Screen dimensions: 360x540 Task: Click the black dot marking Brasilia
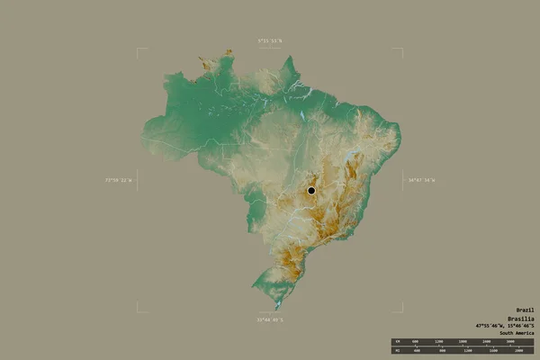pos(311,190)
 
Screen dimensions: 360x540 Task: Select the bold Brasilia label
pos(519,319)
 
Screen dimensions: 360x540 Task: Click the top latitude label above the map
pos(269,40)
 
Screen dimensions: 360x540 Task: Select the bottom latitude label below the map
pos(269,319)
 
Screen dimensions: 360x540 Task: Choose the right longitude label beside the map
pos(420,180)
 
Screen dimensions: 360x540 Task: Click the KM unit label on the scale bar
pos(396,342)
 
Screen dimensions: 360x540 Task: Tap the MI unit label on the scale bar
pos(396,350)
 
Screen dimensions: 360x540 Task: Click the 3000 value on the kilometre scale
pos(510,342)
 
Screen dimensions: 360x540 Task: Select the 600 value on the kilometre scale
pos(416,342)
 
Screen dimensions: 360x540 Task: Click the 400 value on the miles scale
pos(416,350)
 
